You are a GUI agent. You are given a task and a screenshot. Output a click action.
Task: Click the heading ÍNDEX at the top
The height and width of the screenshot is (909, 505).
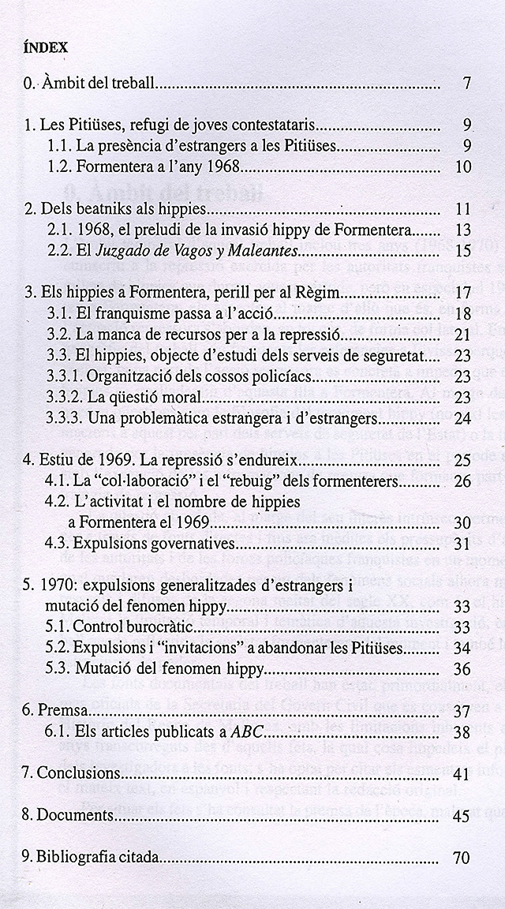click(46, 47)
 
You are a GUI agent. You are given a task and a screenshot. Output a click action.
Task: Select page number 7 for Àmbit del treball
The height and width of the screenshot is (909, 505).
click(468, 83)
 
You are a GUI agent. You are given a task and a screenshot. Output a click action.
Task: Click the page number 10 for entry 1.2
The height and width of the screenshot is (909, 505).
click(463, 166)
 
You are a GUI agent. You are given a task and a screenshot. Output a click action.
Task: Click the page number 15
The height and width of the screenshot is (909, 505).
click(463, 251)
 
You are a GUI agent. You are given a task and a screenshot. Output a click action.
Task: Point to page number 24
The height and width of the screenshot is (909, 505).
click(463, 417)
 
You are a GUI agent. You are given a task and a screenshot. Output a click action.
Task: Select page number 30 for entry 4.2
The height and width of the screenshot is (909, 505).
click(463, 522)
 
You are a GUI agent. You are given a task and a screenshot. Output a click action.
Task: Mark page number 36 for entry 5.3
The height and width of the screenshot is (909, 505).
click(463, 647)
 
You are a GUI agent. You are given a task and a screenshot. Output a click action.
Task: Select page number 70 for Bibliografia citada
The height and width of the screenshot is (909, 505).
click(463, 858)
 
